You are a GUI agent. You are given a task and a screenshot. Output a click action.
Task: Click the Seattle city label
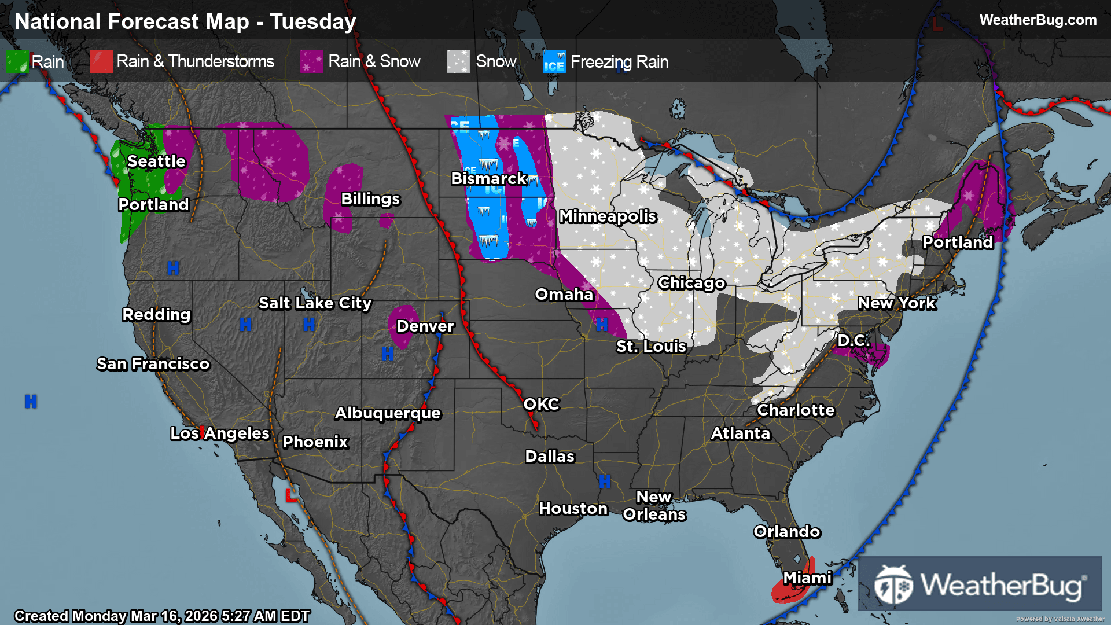(156, 161)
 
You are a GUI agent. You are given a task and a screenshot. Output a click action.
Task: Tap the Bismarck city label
(488, 179)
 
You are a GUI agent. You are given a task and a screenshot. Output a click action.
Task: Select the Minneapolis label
(608, 216)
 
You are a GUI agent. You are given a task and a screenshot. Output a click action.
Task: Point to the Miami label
(807, 578)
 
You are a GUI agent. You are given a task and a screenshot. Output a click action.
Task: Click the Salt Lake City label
(315, 303)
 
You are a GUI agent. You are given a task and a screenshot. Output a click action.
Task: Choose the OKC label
(541, 405)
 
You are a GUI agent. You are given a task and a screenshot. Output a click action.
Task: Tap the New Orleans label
(654, 506)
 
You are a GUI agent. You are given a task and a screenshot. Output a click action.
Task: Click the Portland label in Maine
(957, 242)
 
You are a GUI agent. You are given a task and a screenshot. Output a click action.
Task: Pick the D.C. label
(854, 341)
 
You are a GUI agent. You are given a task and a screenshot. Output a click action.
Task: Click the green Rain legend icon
(17, 61)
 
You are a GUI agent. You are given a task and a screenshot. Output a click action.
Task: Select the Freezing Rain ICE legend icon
(554, 61)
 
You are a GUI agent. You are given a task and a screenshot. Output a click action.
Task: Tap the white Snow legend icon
(458, 61)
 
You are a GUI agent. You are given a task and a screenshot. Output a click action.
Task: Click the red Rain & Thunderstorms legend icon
(101, 61)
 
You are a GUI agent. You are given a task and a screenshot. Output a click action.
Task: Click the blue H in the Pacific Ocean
(31, 401)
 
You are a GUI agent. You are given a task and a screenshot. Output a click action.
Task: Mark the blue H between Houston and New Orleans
(605, 481)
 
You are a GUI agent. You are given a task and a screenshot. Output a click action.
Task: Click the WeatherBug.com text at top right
(1038, 20)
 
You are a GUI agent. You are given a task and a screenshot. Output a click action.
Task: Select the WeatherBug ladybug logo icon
(893, 584)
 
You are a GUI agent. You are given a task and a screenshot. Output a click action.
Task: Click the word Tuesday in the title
(312, 22)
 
